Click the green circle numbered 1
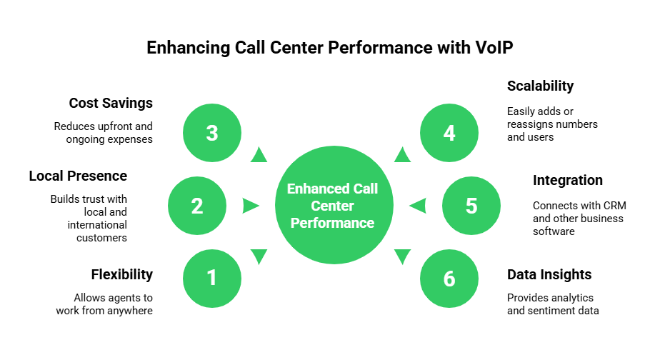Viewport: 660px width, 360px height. pyautogui.click(x=212, y=279)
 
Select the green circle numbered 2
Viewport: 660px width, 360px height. pyautogui.click(x=197, y=206)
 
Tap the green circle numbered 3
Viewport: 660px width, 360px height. pyautogui.click(x=212, y=133)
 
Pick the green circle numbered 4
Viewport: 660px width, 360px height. pyautogui.click(x=449, y=133)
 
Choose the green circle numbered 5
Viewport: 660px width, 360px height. pyautogui.click(x=471, y=206)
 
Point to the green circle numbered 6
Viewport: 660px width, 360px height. pyautogui.click(x=449, y=279)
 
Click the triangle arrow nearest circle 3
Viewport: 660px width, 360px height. pyautogui.click(x=259, y=155)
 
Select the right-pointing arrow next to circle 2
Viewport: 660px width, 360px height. pyautogui.click(x=250, y=206)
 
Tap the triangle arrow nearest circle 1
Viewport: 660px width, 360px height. pyautogui.click(x=259, y=256)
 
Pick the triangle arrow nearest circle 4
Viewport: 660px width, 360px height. pyautogui.click(x=403, y=155)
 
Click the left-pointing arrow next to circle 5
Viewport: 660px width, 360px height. pyautogui.click(x=418, y=206)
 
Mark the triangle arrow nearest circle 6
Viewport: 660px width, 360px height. pyautogui.click(x=403, y=256)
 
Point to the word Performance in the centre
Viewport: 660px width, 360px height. pyautogui.click(x=332, y=224)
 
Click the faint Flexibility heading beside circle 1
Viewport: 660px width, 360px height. pyautogui.click(x=121, y=274)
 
